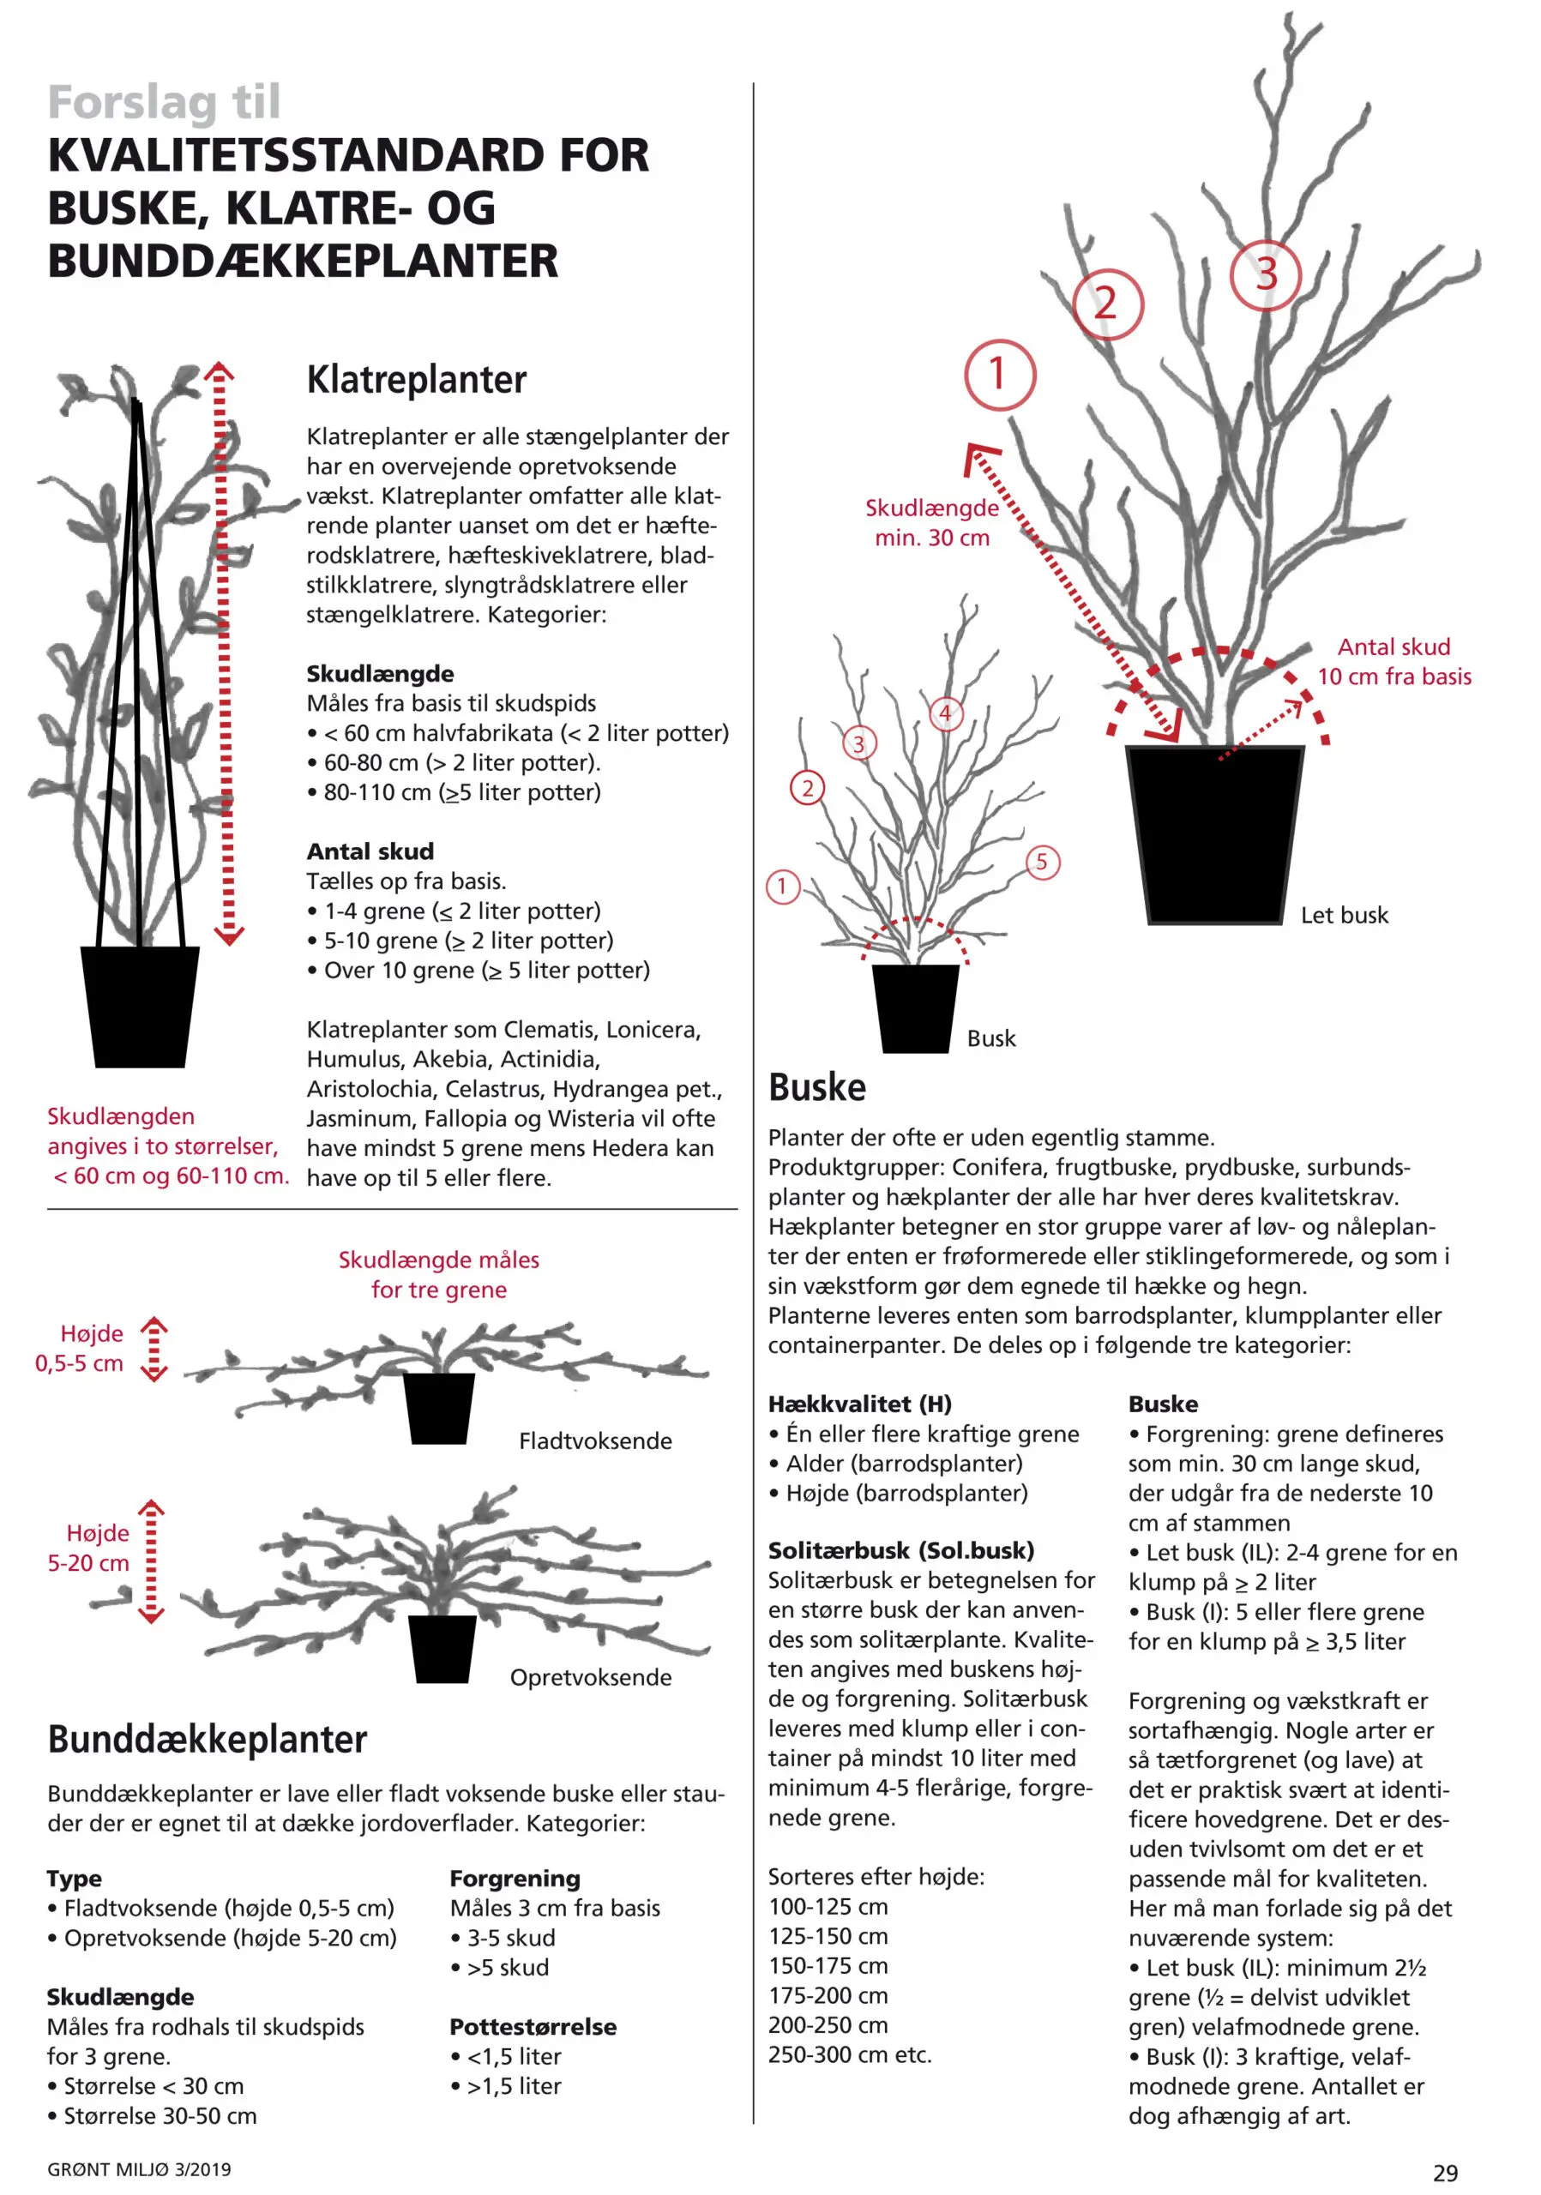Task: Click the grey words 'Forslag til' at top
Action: click(165, 102)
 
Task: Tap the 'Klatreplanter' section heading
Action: click(416, 380)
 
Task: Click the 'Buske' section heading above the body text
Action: click(816, 1087)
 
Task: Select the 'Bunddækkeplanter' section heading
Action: click(208, 1739)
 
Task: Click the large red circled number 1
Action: click(999, 374)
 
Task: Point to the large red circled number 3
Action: click(1266, 274)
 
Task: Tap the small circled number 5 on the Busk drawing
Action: click(1042, 862)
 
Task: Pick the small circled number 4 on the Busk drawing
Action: click(944, 713)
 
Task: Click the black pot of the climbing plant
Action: click(140, 1006)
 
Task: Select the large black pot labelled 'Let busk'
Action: click(1214, 833)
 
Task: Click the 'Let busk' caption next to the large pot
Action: click(1343, 915)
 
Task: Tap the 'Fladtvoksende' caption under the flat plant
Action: click(594, 1440)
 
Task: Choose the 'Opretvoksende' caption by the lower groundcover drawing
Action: click(590, 1677)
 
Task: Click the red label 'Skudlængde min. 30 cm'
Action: click(931, 522)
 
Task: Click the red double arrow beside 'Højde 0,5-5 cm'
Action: click(153, 1349)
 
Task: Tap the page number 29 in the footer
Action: click(1444, 2173)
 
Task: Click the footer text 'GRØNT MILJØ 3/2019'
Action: click(140, 2169)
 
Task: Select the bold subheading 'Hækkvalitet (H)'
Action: click(859, 1404)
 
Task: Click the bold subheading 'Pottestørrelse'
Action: click(533, 2027)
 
